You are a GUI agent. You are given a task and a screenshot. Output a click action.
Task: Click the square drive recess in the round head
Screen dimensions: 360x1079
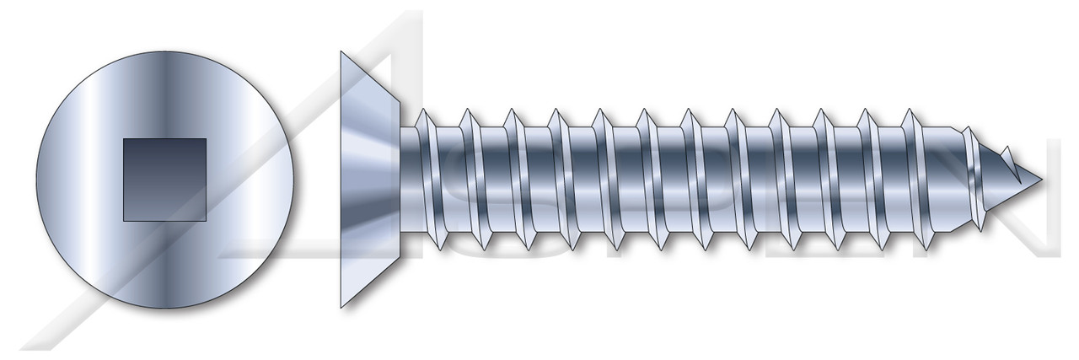click(164, 180)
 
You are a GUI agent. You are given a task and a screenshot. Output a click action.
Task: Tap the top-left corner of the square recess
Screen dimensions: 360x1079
click(124, 139)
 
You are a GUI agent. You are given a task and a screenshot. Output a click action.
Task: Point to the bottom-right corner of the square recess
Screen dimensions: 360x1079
click(207, 221)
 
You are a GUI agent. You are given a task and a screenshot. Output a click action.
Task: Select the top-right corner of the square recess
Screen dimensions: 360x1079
click(207, 139)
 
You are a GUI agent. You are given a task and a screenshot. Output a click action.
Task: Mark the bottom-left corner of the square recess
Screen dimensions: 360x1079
click(124, 221)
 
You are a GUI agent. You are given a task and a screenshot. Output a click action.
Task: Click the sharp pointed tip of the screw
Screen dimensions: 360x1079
click(1042, 180)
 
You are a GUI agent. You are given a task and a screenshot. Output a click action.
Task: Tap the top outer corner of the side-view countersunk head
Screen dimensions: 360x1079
click(341, 51)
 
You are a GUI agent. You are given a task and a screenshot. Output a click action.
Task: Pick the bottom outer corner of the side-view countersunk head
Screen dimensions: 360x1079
click(341, 309)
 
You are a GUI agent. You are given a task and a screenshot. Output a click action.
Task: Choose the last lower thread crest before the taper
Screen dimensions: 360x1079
click(927, 250)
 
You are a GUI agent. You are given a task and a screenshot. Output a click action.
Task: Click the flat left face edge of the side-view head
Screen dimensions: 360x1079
click(341, 180)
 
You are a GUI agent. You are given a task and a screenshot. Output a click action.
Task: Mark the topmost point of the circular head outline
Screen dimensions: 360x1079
click(164, 51)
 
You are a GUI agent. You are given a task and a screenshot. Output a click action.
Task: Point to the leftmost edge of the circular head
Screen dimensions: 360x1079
click(36, 180)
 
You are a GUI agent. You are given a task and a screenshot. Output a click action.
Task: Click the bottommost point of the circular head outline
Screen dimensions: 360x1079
click(164, 309)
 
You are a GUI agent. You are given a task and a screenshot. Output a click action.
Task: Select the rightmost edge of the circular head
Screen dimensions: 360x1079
click(293, 180)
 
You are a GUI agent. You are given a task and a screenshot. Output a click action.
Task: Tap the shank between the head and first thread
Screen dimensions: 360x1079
click(410, 180)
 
